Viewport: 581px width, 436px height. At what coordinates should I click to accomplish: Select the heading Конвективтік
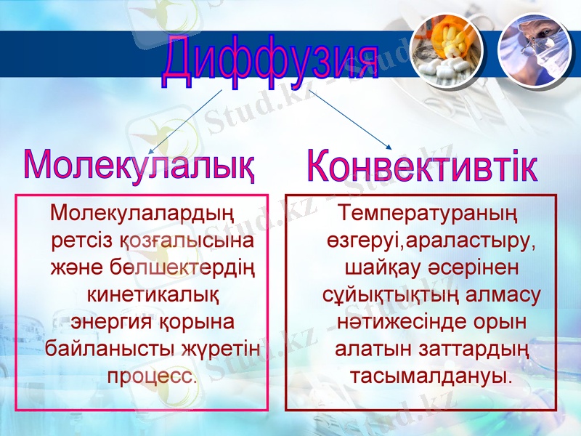(422, 166)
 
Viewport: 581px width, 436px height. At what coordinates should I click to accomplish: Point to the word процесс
(152, 376)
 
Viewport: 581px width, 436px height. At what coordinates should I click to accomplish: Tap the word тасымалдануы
(431, 376)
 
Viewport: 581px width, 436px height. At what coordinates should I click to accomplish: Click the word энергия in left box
(107, 322)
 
